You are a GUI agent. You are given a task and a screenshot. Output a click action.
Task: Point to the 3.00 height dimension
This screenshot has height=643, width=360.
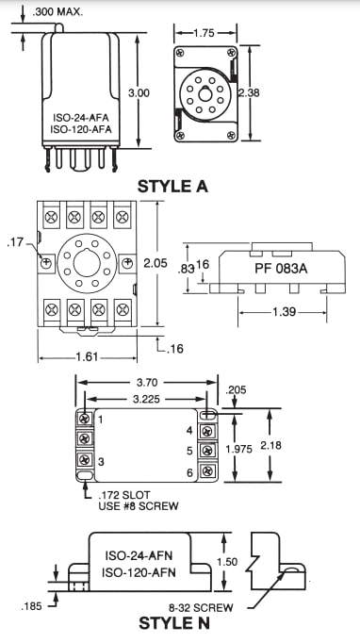click(139, 92)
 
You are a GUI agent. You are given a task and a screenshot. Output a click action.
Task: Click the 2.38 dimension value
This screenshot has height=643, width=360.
click(249, 92)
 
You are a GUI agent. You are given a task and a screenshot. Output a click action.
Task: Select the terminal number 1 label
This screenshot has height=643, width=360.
click(98, 418)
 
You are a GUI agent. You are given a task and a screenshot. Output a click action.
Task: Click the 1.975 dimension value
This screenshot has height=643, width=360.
click(239, 450)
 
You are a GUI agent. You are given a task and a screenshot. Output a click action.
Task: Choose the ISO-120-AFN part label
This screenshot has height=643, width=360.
click(139, 571)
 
